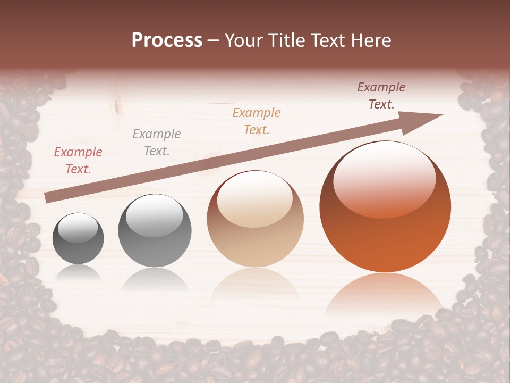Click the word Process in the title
(167, 40)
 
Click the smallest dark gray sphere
(78, 238)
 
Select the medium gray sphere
(155, 230)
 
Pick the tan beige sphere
(255, 219)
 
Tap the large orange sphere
(385, 206)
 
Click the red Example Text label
(78, 161)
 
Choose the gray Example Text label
(157, 143)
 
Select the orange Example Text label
(257, 121)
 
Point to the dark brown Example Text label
(381, 96)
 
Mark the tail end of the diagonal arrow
(47, 198)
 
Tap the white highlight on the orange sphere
(384, 180)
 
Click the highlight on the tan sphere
(255, 199)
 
